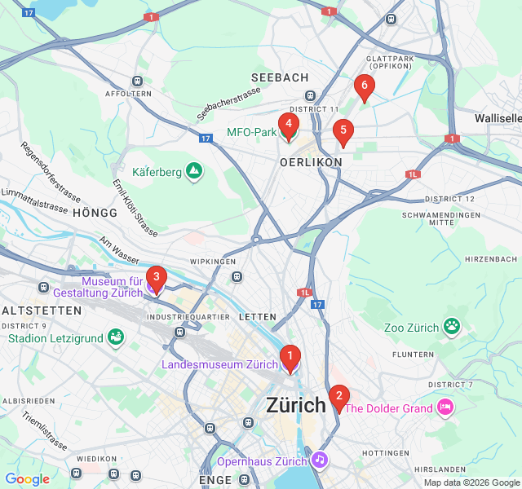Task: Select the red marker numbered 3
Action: point(156,277)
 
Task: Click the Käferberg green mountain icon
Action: point(193,171)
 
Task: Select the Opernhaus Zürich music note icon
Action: point(320,460)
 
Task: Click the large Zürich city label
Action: point(296,404)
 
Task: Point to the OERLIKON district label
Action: point(311,162)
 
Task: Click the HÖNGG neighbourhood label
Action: point(95,212)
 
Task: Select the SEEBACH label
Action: point(280,77)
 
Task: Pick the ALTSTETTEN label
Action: point(42,311)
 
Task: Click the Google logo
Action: point(27,479)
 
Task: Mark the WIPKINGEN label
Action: point(212,262)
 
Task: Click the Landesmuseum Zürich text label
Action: point(219,364)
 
